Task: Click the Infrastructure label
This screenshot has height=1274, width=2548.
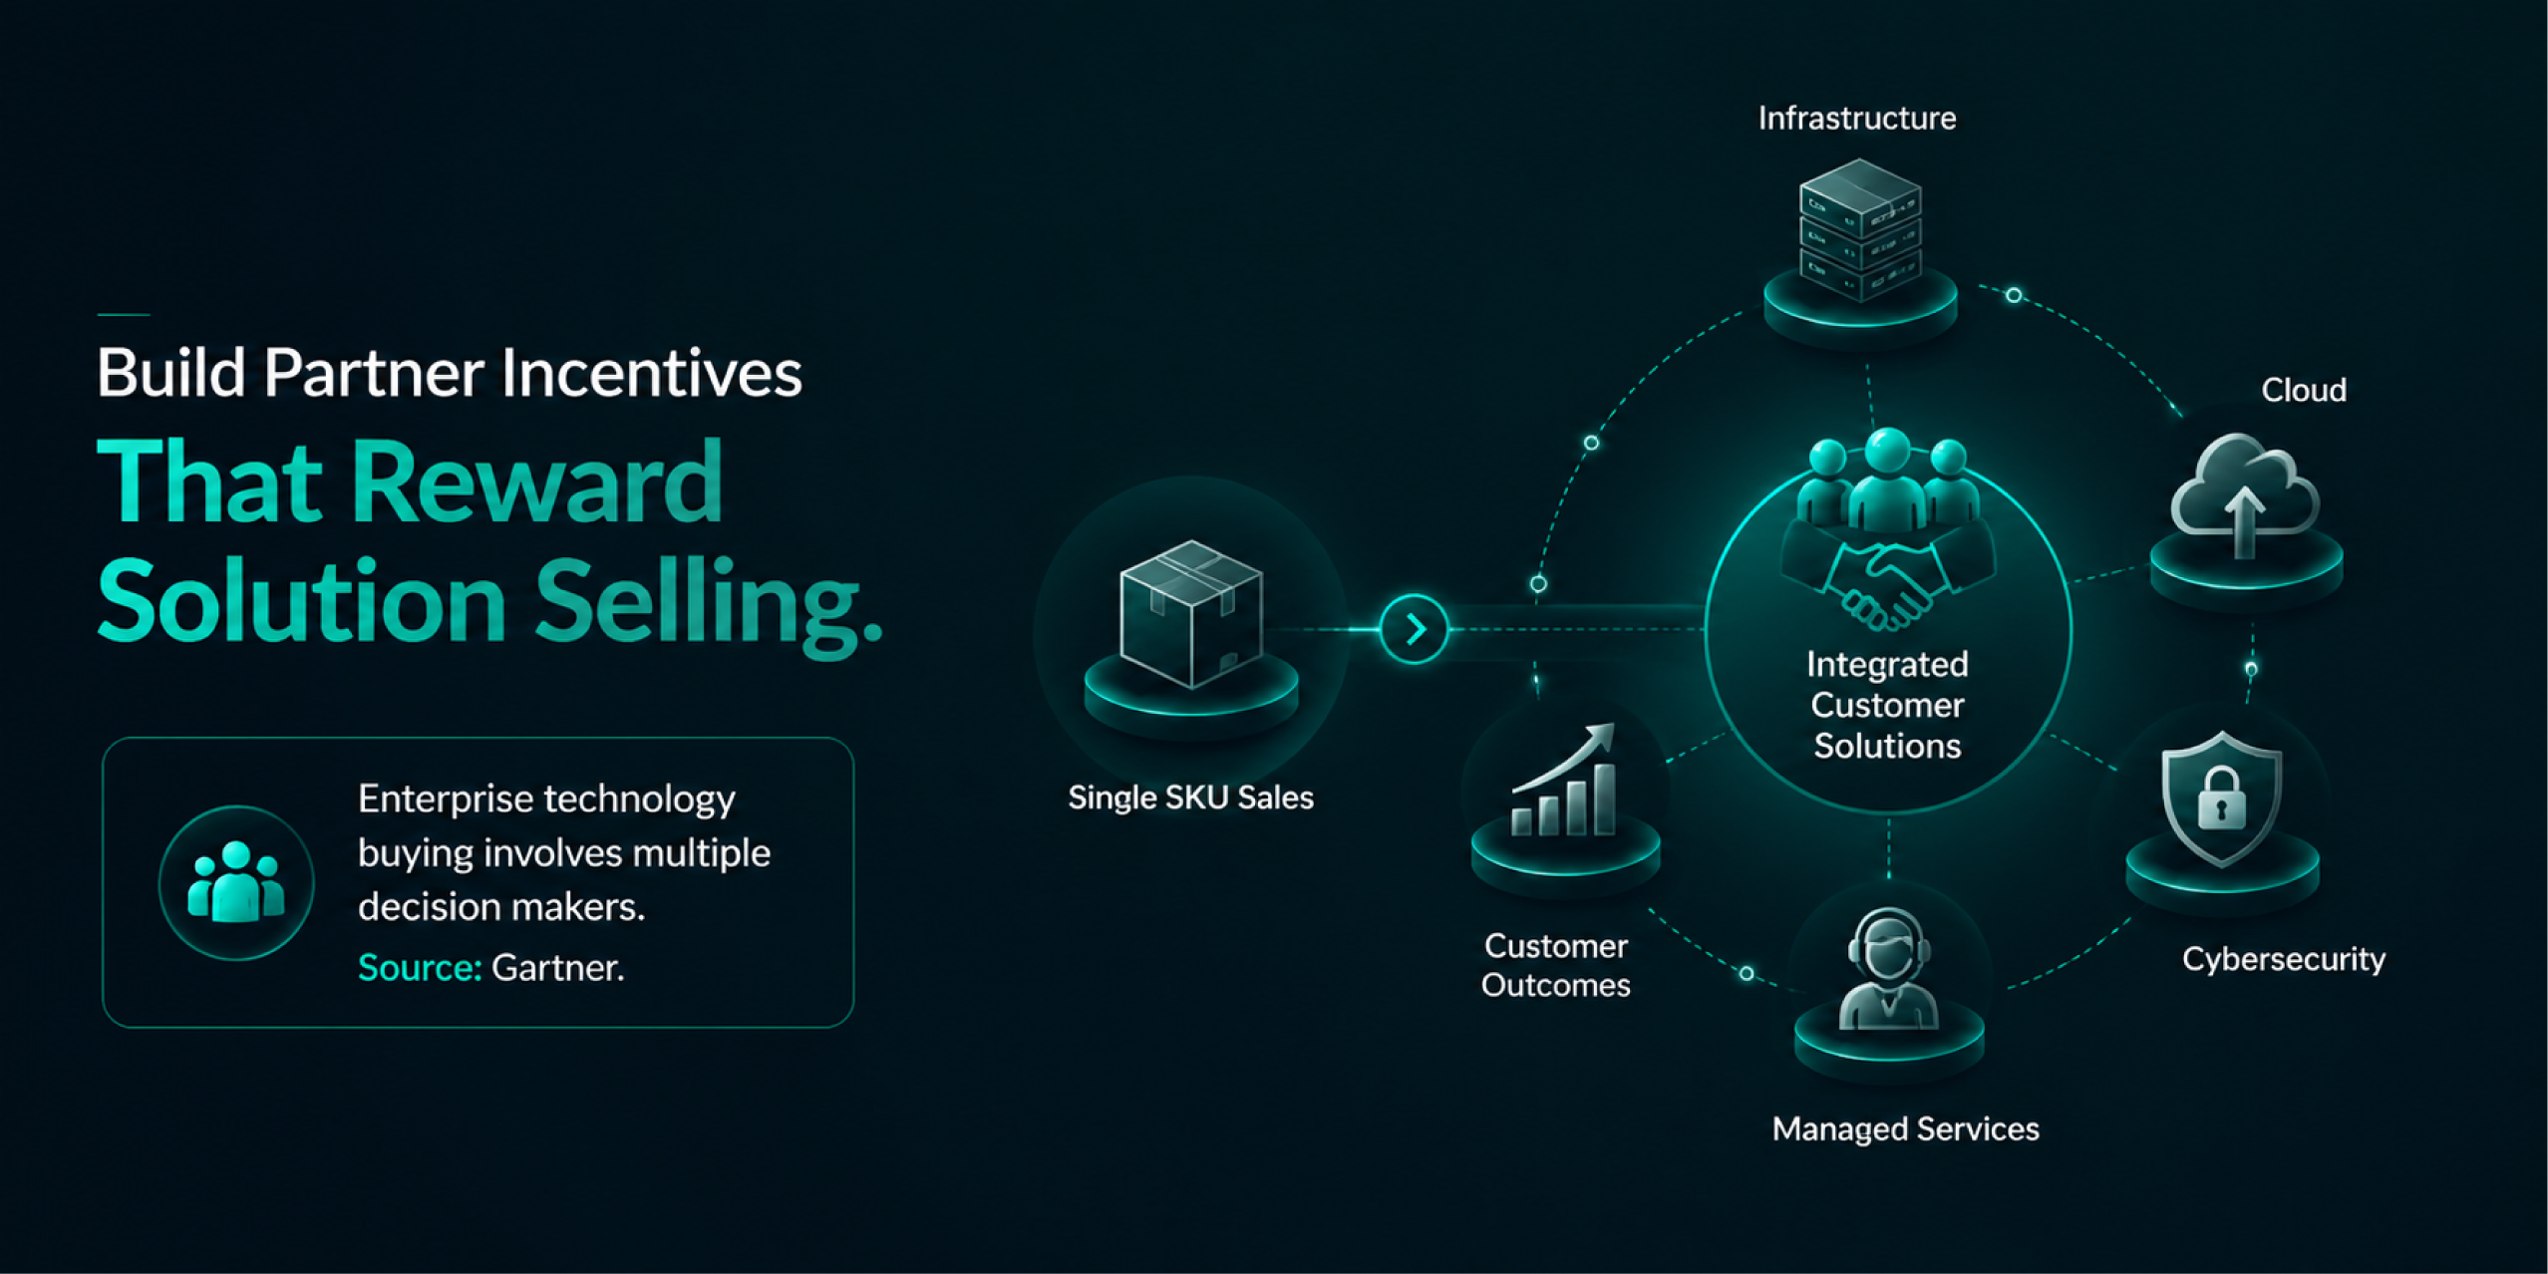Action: pos(1856,119)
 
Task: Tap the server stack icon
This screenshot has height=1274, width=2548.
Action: pos(1859,230)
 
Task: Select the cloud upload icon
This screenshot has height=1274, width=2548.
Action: pos(2245,494)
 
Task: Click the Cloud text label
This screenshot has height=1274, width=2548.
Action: pos(2303,390)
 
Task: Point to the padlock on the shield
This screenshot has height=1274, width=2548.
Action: pos(2221,798)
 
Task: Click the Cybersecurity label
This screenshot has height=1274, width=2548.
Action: pos(2283,959)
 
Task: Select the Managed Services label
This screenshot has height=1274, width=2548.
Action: pos(1905,1129)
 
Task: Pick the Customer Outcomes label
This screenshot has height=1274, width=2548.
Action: pos(1555,965)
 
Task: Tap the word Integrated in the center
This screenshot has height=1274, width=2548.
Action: pos(1887,664)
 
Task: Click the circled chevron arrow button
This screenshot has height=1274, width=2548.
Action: pos(1414,629)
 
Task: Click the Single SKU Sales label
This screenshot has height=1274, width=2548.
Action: pos(1190,797)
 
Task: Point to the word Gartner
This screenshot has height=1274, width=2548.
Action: pos(558,968)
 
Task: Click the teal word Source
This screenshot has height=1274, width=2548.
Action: pos(420,968)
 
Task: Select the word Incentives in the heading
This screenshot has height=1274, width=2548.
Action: pos(651,373)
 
